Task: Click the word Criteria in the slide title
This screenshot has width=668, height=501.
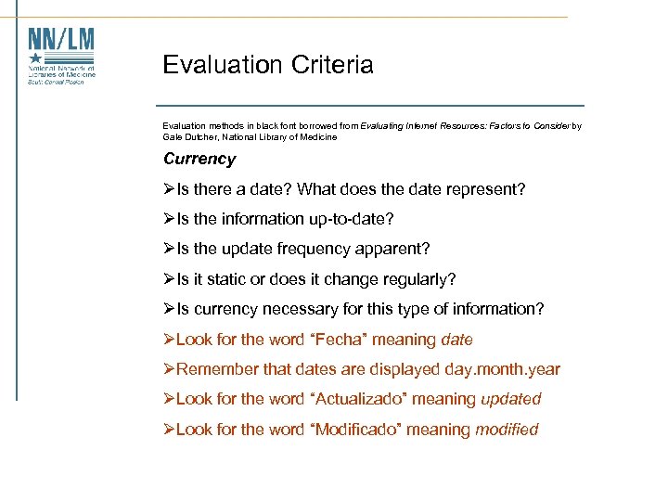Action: click(331, 65)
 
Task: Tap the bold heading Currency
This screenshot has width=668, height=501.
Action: click(199, 159)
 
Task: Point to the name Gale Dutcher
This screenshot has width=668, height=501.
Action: click(190, 136)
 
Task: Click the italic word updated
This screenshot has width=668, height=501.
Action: click(510, 399)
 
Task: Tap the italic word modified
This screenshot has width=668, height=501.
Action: click(507, 430)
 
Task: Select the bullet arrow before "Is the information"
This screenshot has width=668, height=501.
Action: click(169, 219)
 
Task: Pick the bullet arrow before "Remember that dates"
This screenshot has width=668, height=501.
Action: click(169, 369)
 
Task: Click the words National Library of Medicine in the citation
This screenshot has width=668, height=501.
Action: click(280, 136)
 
